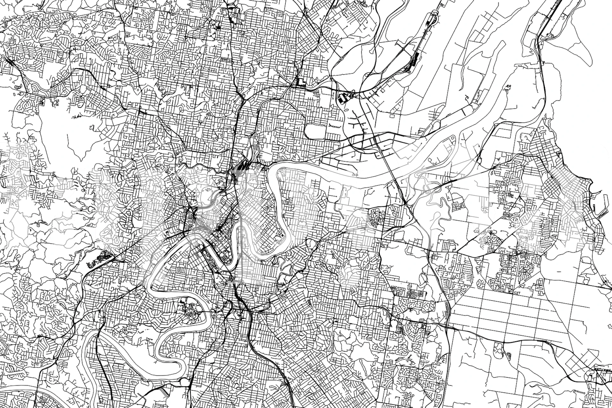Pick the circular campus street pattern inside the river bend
[x=191, y=311]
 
